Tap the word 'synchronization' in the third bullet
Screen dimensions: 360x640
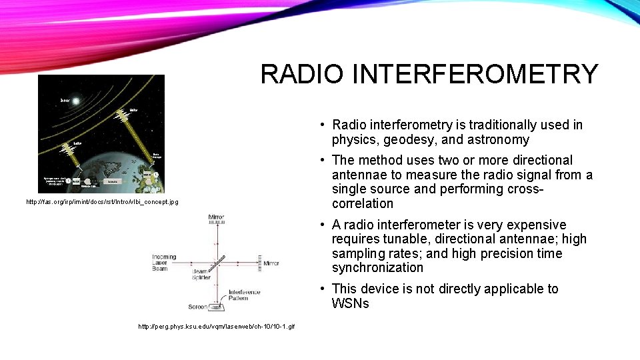click(x=377, y=268)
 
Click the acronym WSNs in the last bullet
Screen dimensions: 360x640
click(x=350, y=304)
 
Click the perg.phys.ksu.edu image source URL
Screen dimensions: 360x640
click(x=216, y=326)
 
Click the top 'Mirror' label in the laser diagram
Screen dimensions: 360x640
click(x=216, y=217)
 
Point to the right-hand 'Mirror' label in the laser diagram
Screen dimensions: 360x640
click(x=271, y=263)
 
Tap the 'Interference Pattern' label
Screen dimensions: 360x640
click(x=245, y=295)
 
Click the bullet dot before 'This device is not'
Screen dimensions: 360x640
click(x=322, y=289)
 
